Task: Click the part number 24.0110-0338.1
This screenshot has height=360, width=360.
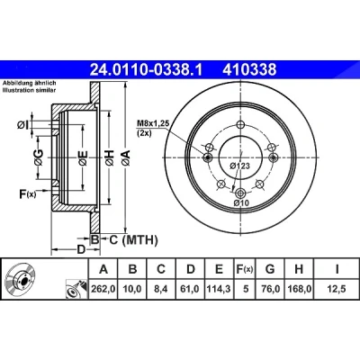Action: (147, 70)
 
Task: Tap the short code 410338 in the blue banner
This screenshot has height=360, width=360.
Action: (249, 70)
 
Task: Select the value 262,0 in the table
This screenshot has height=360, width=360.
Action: (103, 289)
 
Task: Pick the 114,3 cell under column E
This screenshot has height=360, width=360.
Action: (219, 289)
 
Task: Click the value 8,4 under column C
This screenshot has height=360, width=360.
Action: (161, 289)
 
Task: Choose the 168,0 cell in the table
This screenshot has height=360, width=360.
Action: (299, 289)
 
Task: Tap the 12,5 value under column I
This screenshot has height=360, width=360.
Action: (337, 289)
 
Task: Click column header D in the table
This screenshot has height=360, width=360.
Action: (191, 269)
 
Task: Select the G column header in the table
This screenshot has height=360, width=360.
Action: (270, 269)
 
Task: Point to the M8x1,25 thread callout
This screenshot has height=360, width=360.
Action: (153, 122)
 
